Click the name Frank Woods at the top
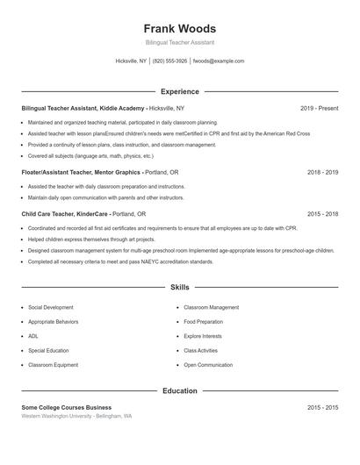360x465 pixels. (179, 28)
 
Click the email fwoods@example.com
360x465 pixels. (218, 61)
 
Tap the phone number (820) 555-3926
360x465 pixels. (169, 61)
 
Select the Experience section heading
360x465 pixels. (179, 91)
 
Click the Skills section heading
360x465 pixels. (179, 287)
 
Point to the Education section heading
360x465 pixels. (179, 390)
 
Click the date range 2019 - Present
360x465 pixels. (319, 108)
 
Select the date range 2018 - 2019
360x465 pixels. (322, 173)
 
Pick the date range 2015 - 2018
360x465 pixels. (322, 213)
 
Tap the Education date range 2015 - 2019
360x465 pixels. (322, 407)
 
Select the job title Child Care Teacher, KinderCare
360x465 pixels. (65, 213)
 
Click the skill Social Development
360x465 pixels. (51, 308)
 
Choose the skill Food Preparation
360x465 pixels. (203, 322)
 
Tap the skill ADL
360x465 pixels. (33, 336)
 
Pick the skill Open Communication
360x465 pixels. (208, 364)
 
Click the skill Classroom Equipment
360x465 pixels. (52, 364)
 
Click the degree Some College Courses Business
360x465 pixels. (67, 407)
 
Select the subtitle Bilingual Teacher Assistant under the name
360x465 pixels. (179, 42)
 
